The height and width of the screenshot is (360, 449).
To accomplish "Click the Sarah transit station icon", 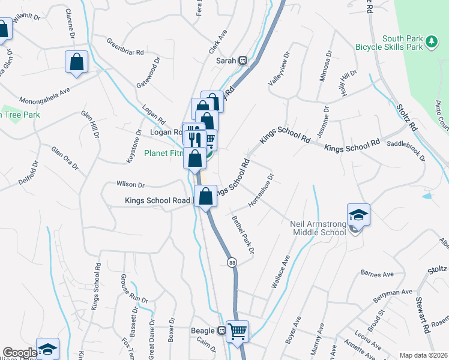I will click(243, 60).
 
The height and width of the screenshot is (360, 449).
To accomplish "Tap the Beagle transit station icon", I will click(221, 331).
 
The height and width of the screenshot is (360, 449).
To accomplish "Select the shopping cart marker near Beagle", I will click(237, 331).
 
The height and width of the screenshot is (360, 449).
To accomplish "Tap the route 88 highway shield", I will click(232, 262).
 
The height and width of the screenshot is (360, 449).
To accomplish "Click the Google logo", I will click(20, 353).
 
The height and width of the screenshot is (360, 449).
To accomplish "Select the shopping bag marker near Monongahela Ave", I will click(77, 62).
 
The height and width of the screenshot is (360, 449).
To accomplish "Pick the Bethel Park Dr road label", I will click(244, 234).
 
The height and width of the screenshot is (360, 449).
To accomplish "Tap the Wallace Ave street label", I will click(280, 272).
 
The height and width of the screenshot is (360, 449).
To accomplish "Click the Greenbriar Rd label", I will click(125, 48).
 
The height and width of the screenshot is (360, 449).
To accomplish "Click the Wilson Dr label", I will click(131, 185).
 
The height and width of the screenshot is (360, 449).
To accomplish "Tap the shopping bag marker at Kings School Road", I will click(205, 197).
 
